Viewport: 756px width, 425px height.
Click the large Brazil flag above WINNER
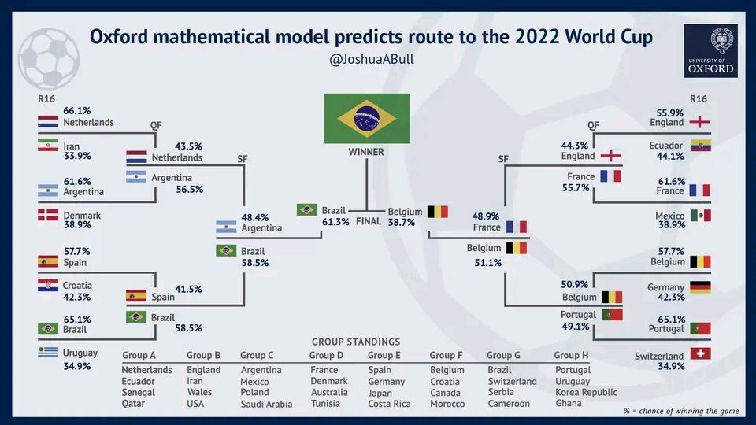366,118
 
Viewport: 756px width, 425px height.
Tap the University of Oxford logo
710,50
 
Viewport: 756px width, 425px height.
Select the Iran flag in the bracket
48,146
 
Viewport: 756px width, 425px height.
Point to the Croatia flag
48,286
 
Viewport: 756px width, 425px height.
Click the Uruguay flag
48,353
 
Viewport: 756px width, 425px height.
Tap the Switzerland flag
700,353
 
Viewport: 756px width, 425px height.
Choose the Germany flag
700,286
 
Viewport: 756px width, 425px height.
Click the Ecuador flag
700,146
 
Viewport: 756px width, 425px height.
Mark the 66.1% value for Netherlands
77,111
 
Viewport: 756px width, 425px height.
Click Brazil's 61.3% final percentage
335,223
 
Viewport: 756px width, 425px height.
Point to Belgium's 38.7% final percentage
402,223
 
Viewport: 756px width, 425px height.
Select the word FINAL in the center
369,221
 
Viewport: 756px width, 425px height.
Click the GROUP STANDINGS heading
356,342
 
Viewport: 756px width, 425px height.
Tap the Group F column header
447,356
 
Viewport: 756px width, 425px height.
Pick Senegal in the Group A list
139,392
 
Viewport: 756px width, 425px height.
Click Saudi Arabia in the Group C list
266,405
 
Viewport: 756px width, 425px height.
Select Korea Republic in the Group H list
586,392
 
